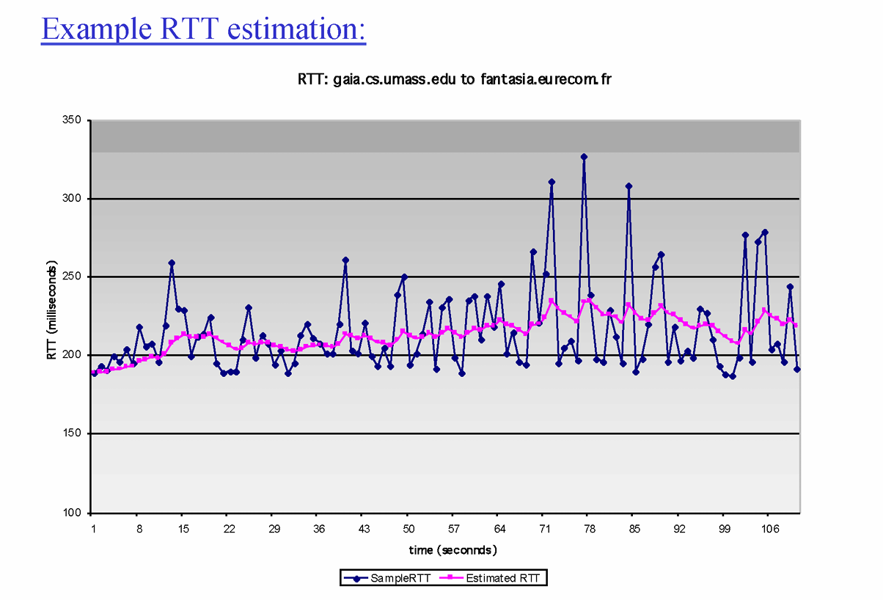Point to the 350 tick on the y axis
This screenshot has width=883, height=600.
click(x=74, y=120)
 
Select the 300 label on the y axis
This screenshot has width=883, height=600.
click(x=74, y=199)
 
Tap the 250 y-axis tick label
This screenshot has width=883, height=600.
click(x=74, y=277)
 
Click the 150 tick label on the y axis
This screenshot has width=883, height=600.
click(x=74, y=434)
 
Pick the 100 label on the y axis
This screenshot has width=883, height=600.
click(x=74, y=513)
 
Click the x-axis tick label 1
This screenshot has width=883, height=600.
click(x=93, y=528)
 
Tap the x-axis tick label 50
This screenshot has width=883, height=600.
click(x=409, y=528)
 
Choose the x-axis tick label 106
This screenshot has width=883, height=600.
click(x=769, y=528)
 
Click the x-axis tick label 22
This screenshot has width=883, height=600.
click(x=229, y=528)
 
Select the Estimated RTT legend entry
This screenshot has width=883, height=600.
click(x=491, y=578)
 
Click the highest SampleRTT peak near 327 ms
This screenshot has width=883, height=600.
click(x=584, y=156)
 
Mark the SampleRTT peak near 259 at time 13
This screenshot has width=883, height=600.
click(x=172, y=263)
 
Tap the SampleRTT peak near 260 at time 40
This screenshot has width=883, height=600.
click(x=345, y=260)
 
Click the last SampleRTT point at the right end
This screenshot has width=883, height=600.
click(x=797, y=369)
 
